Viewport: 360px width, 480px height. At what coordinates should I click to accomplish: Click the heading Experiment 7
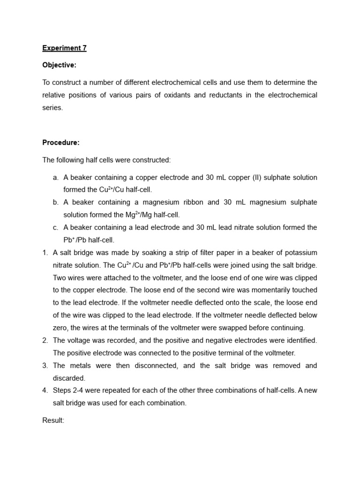pyautogui.click(x=64, y=48)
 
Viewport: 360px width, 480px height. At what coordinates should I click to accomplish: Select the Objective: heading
pyautogui.click(x=59, y=65)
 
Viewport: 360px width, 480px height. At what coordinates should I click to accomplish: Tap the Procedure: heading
pyautogui.click(x=61, y=142)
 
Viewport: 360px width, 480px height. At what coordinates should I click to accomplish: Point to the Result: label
pyautogui.click(x=53, y=420)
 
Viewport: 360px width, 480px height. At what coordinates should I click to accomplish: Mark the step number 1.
pyautogui.click(x=45, y=253)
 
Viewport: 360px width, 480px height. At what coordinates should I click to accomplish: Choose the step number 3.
pyautogui.click(x=45, y=366)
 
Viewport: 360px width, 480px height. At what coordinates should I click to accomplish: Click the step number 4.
pyautogui.click(x=45, y=390)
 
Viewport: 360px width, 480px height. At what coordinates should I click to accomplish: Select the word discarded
pyautogui.click(x=69, y=378)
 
